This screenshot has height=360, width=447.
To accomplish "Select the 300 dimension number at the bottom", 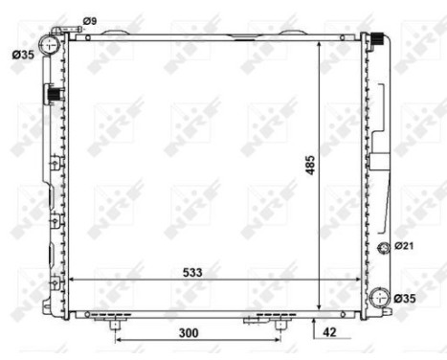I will coord(188,333).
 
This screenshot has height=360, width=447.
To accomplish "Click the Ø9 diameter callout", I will coord(90,20).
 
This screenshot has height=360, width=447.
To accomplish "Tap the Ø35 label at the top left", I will coord(22,54).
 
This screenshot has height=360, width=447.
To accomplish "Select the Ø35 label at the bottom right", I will coord(406,299).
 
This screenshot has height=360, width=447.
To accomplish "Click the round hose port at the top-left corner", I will coord(50,45).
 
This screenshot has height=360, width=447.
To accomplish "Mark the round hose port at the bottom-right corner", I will coord(381,299).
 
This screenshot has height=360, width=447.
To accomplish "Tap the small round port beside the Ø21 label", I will coord(385,249).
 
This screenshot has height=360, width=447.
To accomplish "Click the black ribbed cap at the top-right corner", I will coord(378,40).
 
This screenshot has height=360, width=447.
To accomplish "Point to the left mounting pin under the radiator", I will coord(116,326).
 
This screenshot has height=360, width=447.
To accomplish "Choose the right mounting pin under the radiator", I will coord(279,325).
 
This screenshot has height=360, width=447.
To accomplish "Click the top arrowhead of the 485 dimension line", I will coord(318,43).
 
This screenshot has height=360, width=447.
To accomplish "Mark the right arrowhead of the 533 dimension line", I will coord(360,281).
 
